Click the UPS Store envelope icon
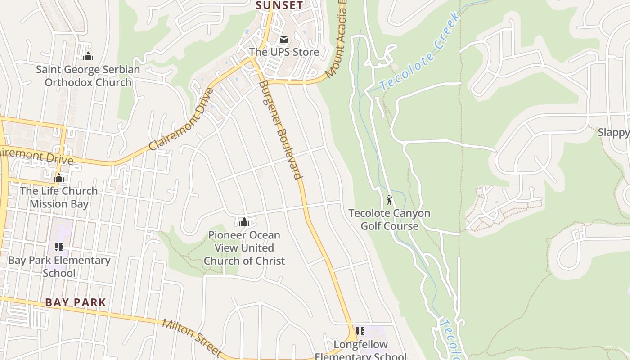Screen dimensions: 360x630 pos(283,40)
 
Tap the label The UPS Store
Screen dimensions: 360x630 pos(284,52)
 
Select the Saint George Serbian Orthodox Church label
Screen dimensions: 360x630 pos(88,76)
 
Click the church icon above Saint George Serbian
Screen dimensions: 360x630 pos(88,56)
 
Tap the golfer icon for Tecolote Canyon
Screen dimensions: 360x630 pos(389,199)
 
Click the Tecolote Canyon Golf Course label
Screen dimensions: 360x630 pos(389,220)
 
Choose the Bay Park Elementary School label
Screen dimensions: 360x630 pos(59,266)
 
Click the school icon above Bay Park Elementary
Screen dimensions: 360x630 pos(59,247)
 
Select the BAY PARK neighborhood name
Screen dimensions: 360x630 pos(76,302)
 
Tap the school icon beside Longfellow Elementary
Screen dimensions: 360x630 pos(360,332)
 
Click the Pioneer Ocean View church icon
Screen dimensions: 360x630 pos(244,221)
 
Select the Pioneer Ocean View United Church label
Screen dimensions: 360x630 pos(244,247)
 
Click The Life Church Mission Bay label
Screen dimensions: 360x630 pos(59,197)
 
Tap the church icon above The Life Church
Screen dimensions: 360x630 pos(59,178)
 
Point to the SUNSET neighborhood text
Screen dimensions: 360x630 pos(279,5)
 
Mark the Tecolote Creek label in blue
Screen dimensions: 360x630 pos(420,52)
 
